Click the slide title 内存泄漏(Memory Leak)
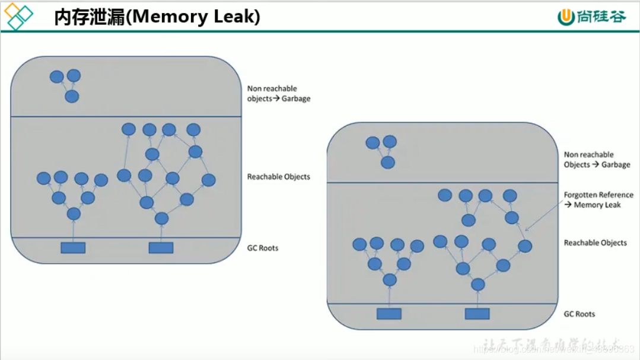click(157, 17)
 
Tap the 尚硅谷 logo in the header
click(592, 17)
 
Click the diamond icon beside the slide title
click(18, 16)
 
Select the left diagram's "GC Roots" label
click(263, 248)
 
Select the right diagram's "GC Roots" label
click(579, 314)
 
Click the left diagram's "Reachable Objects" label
click(279, 177)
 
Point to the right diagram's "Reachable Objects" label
click(596, 243)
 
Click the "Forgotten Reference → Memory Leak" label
click(598, 199)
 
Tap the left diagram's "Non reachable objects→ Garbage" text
click(279, 94)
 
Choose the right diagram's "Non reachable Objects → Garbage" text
click(597, 160)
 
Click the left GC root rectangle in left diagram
click(73, 247)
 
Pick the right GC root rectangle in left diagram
click(161, 247)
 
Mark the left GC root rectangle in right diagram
click(389, 314)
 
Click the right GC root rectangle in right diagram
click(477, 314)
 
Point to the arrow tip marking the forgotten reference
click(526, 230)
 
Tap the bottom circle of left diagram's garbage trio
click(72, 96)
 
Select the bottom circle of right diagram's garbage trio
click(388, 162)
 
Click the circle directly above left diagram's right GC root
click(161, 219)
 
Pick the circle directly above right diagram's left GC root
click(390, 280)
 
